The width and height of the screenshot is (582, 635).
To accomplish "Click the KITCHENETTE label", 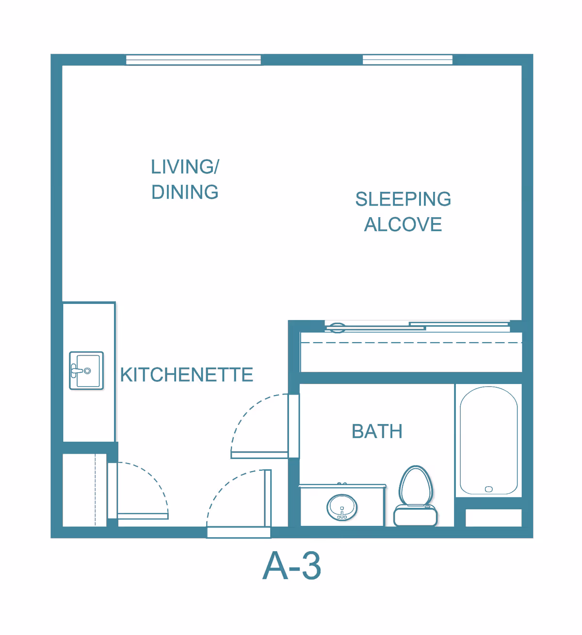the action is pyautogui.click(x=187, y=375).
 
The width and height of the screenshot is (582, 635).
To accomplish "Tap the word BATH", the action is pyautogui.click(x=377, y=431).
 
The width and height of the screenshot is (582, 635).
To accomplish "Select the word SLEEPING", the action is pyautogui.click(x=403, y=199).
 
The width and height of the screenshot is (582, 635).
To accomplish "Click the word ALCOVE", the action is pyautogui.click(x=403, y=224).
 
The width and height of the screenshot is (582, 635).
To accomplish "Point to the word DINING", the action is pyautogui.click(x=185, y=192).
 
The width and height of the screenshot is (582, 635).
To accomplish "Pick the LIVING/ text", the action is pyautogui.click(x=185, y=166).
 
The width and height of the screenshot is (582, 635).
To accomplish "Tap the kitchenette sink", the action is pyautogui.click(x=86, y=371).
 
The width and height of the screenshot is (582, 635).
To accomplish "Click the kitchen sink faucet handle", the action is pyautogui.click(x=75, y=371).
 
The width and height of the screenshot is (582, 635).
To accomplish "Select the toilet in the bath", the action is pyautogui.click(x=415, y=496).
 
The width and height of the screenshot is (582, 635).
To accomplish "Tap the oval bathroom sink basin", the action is pyautogui.click(x=342, y=508).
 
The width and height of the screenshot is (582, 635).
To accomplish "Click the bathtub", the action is pyautogui.click(x=488, y=440).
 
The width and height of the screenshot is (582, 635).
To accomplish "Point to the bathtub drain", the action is pyautogui.click(x=489, y=489).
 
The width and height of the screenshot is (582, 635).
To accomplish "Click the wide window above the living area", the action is pyautogui.click(x=193, y=60).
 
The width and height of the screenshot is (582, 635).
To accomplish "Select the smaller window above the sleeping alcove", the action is pyautogui.click(x=407, y=60).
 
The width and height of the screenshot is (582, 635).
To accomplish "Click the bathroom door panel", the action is pyautogui.click(x=259, y=455).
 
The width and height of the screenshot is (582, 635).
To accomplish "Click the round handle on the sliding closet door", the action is pyautogui.click(x=337, y=328).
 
